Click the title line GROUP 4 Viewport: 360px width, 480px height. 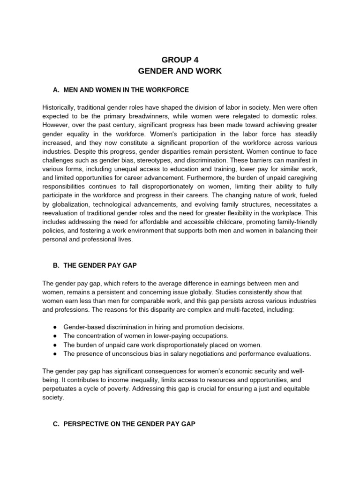tap(180, 60)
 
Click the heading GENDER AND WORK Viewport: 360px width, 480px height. tap(180, 71)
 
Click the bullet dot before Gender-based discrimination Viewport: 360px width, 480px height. tap(55, 327)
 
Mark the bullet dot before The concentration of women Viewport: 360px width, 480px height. tap(55, 336)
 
